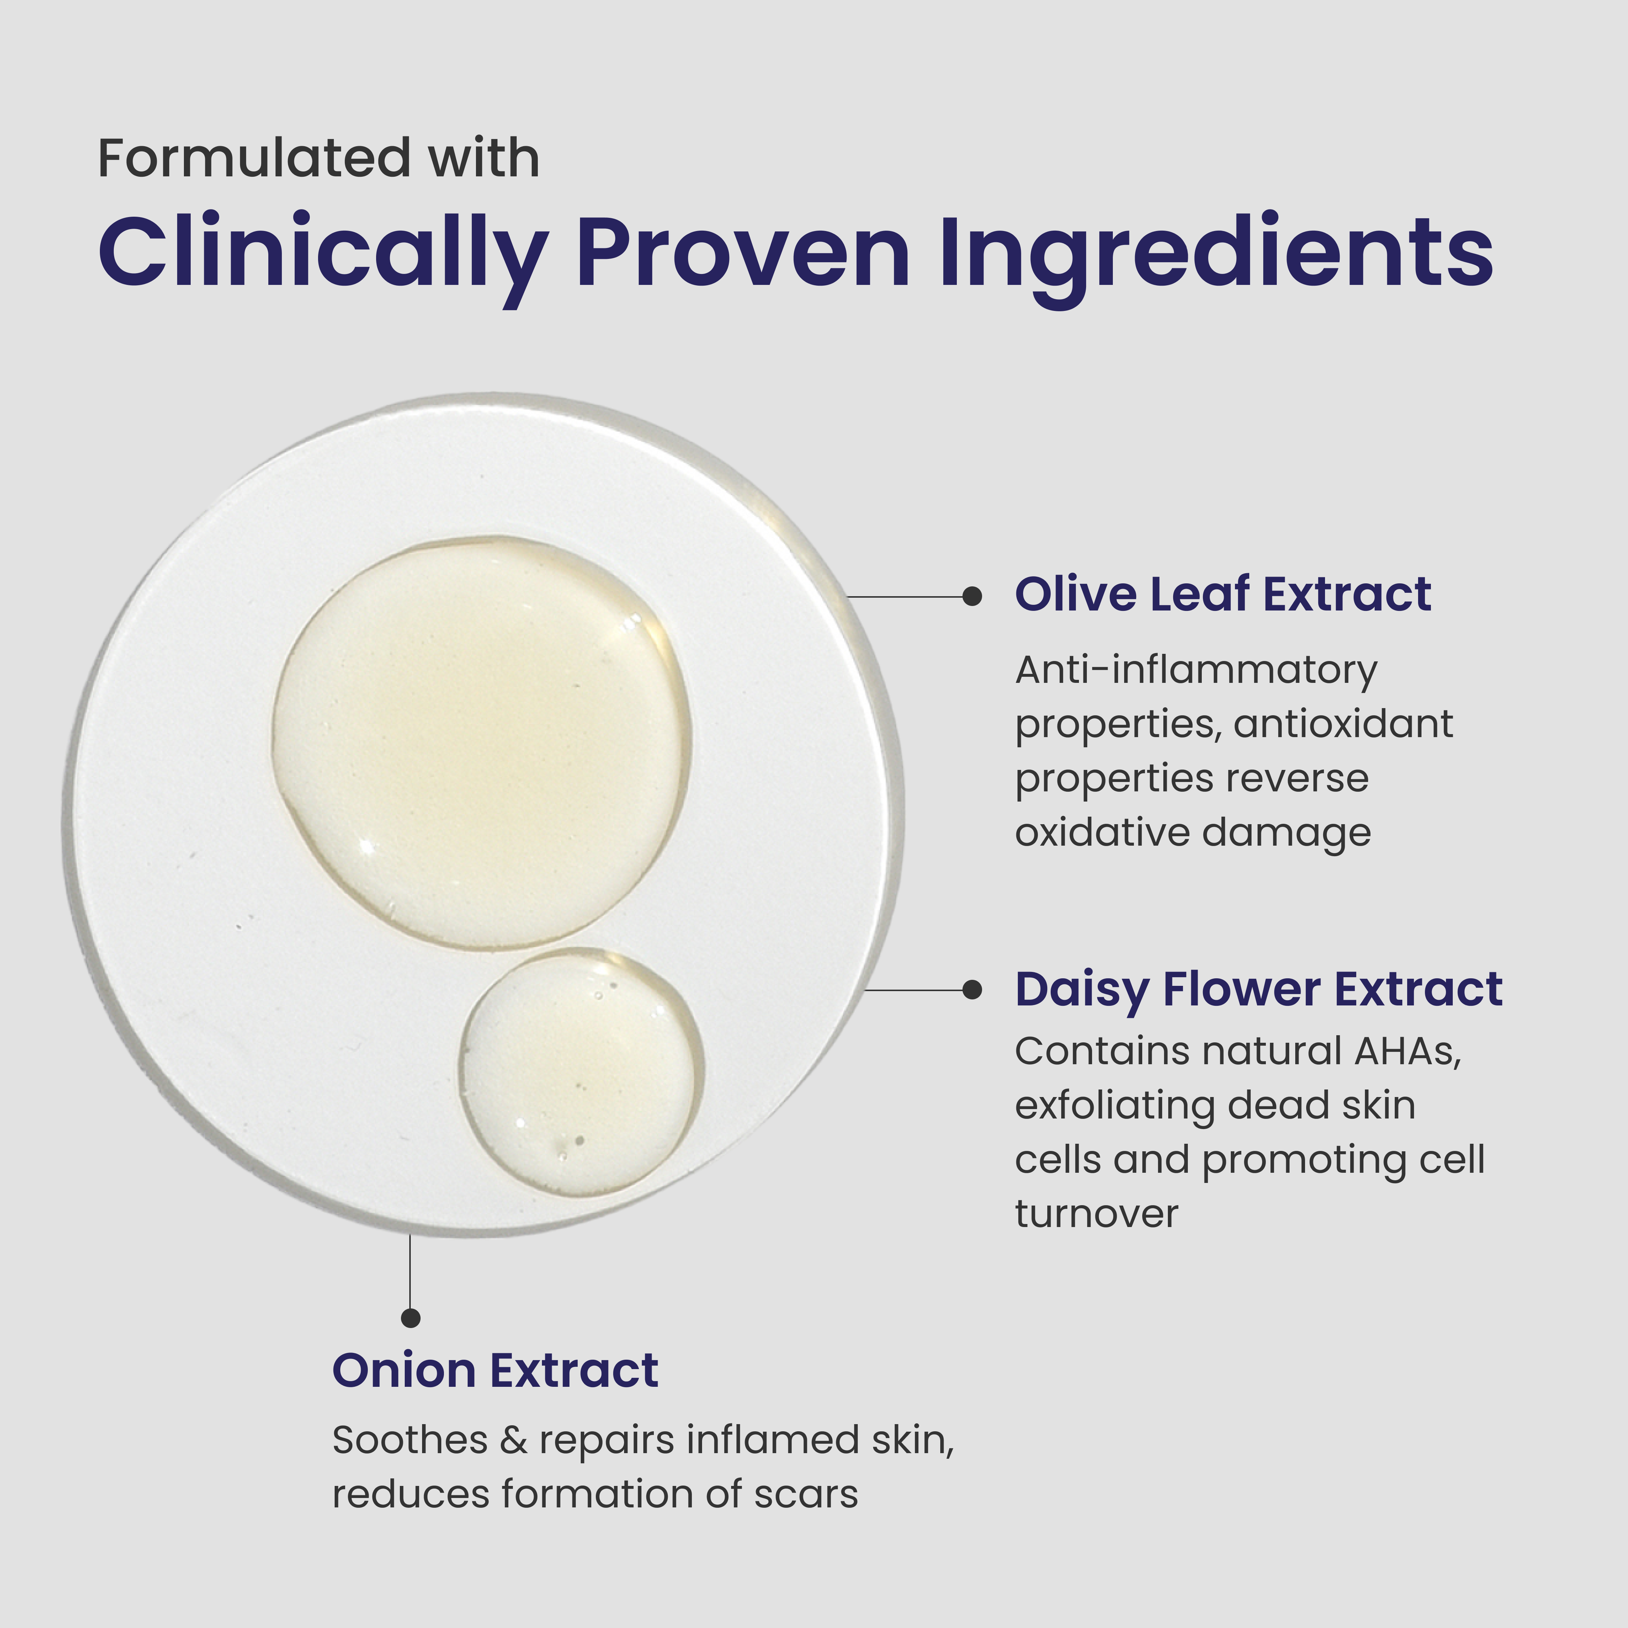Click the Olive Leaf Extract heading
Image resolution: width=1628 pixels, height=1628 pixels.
pyautogui.click(x=1223, y=595)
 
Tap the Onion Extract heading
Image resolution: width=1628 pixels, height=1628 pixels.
pyautogui.click(x=496, y=1371)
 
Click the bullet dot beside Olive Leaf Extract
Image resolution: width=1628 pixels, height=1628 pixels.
pyautogui.click(x=972, y=597)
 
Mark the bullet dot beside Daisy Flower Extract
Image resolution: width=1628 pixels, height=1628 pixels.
pyautogui.click(x=972, y=990)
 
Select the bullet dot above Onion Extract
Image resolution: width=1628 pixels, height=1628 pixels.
pyautogui.click(x=410, y=1318)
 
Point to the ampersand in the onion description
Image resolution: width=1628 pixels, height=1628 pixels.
pyautogui.click(x=513, y=1441)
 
